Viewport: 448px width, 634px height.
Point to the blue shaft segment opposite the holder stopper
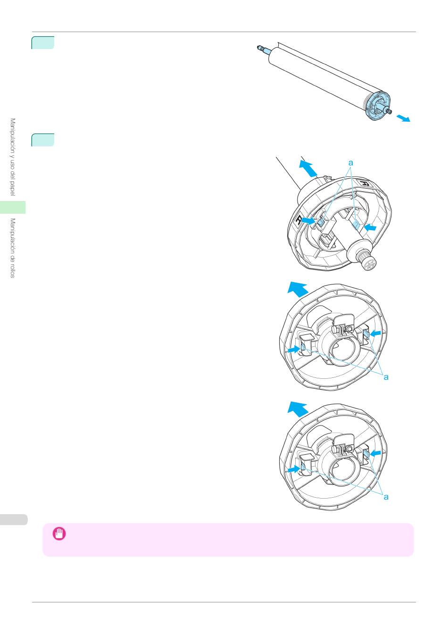pos(265,50)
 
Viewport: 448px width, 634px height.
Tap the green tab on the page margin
pos(13,207)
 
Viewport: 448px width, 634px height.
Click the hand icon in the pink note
pos(59,534)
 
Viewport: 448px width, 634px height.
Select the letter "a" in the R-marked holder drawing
pos(350,163)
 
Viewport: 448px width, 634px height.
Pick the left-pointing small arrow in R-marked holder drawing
pos(371,228)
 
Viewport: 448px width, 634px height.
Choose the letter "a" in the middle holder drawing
pos(386,377)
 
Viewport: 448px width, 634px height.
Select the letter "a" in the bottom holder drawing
pos(386,497)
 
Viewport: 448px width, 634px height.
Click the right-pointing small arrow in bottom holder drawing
pos(293,469)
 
